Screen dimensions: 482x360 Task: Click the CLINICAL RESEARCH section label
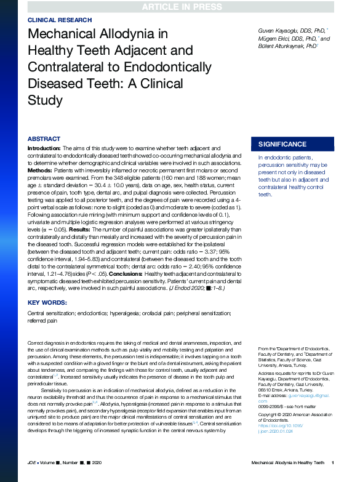point(55,20)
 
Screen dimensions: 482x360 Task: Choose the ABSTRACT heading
point(44,139)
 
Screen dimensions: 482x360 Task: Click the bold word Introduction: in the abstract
point(43,148)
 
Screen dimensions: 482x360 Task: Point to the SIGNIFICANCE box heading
point(282,144)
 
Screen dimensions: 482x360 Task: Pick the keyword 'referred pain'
point(44,320)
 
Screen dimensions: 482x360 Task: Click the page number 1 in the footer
point(332,462)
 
